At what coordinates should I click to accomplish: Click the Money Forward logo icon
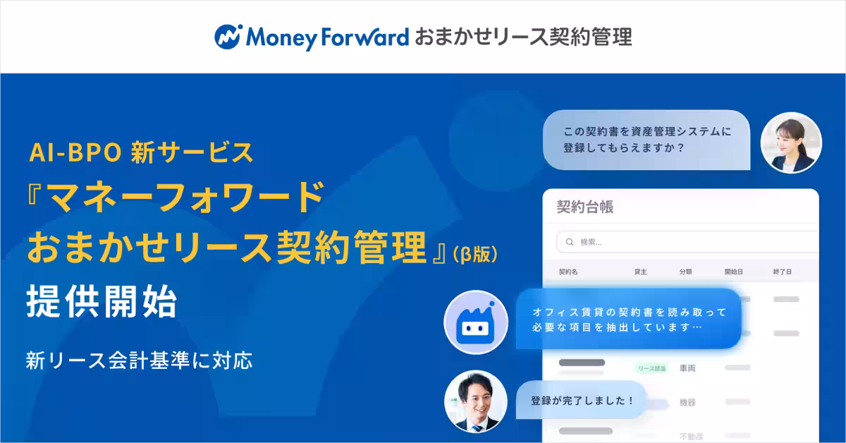pyautogui.click(x=228, y=37)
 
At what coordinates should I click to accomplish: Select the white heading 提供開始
pyautogui.click(x=101, y=303)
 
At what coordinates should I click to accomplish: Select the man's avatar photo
pyautogui.click(x=476, y=401)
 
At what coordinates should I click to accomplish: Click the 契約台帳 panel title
pyautogui.click(x=584, y=207)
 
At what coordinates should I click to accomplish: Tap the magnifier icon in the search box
pyautogui.click(x=569, y=243)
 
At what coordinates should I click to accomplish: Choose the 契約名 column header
pyautogui.click(x=568, y=272)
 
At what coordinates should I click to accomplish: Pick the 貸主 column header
pyautogui.click(x=641, y=272)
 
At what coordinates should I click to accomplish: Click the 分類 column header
pyautogui.click(x=685, y=272)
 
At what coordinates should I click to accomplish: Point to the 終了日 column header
pyautogui.click(x=782, y=272)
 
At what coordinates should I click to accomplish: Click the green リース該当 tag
pyautogui.click(x=651, y=368)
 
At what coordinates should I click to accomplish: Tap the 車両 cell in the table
pyautogui.click(x=687, y=368)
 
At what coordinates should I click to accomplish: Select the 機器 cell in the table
pyautogui.click(x=687, y=402)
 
